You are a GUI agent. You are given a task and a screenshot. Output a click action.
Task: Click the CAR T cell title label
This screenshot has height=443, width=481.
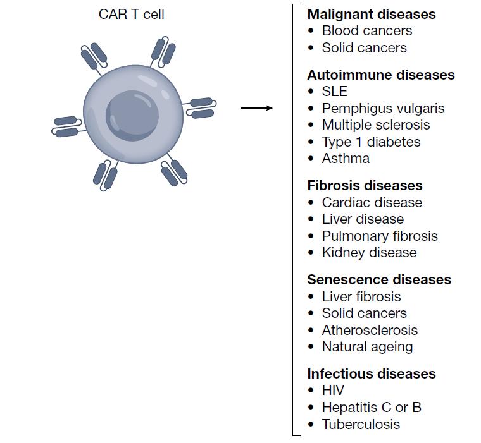pyautogui.click(x=131, y=14)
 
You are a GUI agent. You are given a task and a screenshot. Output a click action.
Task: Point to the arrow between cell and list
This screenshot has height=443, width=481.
pyautogui.click(x=256, y=108)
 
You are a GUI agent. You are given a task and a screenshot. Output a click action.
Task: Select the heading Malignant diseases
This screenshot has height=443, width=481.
pyautogui.click(x=371, y=14)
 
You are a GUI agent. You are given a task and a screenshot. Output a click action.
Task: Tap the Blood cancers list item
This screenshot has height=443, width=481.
pyautogui.click(x=366, y=31)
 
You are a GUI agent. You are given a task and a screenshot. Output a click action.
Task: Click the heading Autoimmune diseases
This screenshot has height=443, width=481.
pyautogui.click(x=380, y=75)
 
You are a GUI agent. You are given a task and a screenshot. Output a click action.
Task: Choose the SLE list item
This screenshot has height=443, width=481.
pyautogui.click(x=334, y=92)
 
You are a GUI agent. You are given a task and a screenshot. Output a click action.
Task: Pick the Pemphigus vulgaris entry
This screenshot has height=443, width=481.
pyautogui.click(x=383, y=109)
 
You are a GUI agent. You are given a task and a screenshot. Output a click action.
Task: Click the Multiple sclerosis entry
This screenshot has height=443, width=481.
pyautogui.click(x=375, y=125)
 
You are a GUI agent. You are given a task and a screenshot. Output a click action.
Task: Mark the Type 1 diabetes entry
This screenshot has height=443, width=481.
pyautogui.click(x=371, y=142)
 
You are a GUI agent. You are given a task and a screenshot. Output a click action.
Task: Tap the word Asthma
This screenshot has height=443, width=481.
pyautogui.click(x=346, y=159)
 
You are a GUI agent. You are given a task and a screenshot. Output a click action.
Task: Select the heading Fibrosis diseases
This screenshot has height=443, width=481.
pyautogui.click(x=365, y=186)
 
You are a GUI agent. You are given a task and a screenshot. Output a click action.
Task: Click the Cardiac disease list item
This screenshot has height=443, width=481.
pyautogui.click(x=372, y=203)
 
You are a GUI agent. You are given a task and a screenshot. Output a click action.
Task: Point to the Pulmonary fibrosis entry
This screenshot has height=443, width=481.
pyautogui.click(x=380, y=236)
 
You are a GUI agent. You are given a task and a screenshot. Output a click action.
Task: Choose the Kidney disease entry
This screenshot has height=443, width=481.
pyautogui.click(x=369, y=253)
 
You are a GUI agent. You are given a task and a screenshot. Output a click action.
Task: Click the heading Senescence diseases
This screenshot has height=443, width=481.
pyautogui.click(x=379, y=280)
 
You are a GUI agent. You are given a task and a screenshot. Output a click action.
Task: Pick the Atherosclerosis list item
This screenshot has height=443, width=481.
pyautogui.click(x=370, y=331)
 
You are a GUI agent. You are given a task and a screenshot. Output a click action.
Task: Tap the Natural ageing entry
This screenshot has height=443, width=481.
pyautogui.click(x=367, y=347)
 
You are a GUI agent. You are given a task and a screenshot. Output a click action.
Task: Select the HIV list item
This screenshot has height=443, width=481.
pyautogui.click(x=333, y=391)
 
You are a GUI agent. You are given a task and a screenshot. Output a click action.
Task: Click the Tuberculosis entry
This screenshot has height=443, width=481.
pyautogui.click(x=361, y=424)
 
